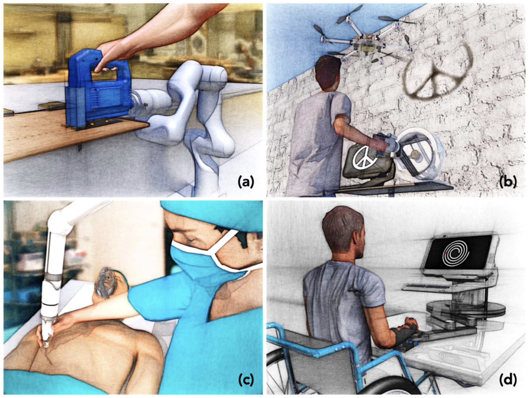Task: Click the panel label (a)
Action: tap(246, 182)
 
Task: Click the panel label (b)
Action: tap(508, 182)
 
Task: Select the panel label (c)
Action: tap(246, 380)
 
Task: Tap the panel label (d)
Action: tap(508, 380)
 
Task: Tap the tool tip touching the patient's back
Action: tap(46, 345)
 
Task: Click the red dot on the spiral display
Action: tap(446, 254)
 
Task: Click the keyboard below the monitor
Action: tap(426, 286)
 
